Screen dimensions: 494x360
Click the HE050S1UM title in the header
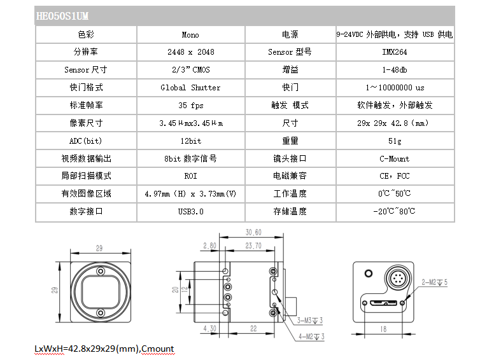pos(62,16)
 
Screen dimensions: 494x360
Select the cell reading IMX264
pos(395,52)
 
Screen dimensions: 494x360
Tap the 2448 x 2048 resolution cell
pos(190,52)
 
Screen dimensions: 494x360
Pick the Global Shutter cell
pos(190,88)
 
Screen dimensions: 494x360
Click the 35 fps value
pos(190,106)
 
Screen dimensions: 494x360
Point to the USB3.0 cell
pos(190,211)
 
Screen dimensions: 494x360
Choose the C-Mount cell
pos(395,159)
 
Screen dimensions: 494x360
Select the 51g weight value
pos(395,141)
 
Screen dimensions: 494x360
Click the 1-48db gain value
pos(395,70)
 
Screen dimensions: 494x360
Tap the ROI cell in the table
pos(190,176)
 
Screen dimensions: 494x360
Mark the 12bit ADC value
pos(190,141)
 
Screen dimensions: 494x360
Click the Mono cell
pos(190,34)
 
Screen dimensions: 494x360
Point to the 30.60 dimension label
pos(253,232)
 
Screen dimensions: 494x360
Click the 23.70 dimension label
pos(253,246)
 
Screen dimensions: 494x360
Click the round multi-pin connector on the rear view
pos(399,279)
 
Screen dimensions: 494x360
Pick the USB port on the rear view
pos(383,303)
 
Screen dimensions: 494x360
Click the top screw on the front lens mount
pos(101,271)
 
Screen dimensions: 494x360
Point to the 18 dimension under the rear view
pos(383,329)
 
